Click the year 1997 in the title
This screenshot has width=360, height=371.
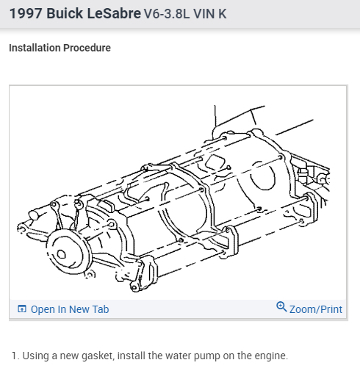coord(26,13)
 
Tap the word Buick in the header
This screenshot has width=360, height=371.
coord(65,13)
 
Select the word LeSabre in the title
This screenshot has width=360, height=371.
coord(114,13)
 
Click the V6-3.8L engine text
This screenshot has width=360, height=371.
coord(167,14)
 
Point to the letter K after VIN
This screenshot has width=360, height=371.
coord(223,14)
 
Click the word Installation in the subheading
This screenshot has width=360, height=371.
coord(35,48)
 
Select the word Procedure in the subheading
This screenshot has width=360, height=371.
coord(87,48)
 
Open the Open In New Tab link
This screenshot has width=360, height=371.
coord(70,309)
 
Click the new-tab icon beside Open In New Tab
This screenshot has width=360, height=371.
coord(22,309)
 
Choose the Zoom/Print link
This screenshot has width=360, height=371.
coord(316,309)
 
